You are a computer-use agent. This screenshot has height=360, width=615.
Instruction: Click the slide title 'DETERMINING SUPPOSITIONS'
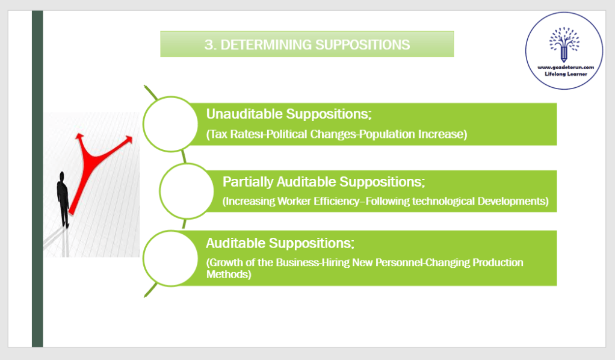pyautogui.click(x=315, y=45)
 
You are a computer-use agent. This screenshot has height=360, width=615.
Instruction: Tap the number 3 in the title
pyautogui.click(x=208, y=45)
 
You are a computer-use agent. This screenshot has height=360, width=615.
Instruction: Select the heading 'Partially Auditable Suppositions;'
pyautogui.click(x=324, y=182)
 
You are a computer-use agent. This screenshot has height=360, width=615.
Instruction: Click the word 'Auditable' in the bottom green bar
pyautogui.click(x=235, y=243)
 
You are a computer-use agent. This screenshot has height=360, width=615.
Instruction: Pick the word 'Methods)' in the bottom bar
pyautogui.click(x=228, y=274)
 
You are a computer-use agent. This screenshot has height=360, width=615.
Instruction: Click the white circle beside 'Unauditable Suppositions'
pyautogui.click(x=170, y=123)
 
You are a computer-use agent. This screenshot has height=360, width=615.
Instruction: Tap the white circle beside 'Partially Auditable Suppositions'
pyautogui.click(x=187, y=191)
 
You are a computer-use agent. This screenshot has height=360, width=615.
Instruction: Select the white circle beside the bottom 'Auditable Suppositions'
pyautogui.click(x=170, y=258)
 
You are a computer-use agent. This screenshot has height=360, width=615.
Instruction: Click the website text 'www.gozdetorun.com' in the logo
pyautogui.click(x=564, y=67)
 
